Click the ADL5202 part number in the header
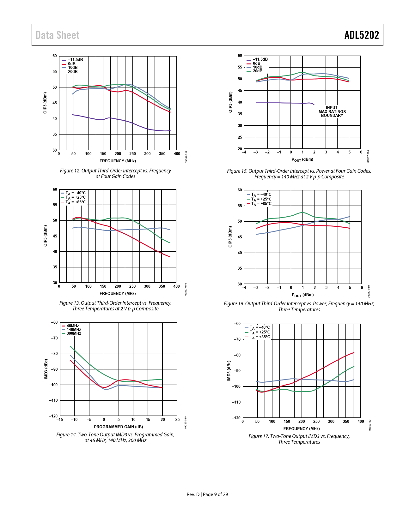[x=361, y=35]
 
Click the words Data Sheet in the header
[x=58, y=35]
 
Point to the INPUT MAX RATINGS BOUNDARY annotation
[x=332, y=111]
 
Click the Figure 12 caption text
[x=115, y=173]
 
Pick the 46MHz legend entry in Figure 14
[x=72, y=326]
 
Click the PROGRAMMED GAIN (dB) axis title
[x=118, y=427]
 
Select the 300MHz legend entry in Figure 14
[x=74, y=333]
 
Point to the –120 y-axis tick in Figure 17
[x=236, y=418]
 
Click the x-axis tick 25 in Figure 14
[x=177, y=420]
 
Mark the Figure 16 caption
[x=299, y=307]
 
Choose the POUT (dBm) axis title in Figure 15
[x=302, y=159]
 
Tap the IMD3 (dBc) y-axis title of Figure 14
[x=46, y=369]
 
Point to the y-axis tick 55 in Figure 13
[x=55, y=205]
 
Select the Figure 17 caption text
[x=299, y=439]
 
